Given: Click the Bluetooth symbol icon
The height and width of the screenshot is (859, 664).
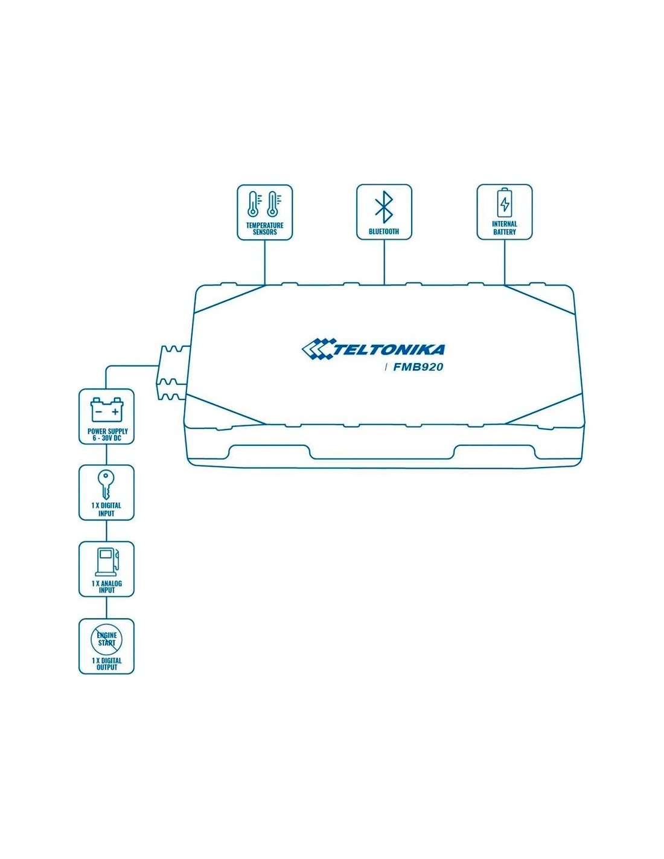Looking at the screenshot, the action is pos(383,208).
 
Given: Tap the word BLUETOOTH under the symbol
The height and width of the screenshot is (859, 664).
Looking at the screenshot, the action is pos(384,231).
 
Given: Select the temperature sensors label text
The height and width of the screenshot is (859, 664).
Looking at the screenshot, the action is pos(264,228).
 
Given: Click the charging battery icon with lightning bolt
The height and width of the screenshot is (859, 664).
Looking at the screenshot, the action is pos(505,202).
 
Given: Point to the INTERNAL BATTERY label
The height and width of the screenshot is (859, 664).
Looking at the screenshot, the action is pos(505,228).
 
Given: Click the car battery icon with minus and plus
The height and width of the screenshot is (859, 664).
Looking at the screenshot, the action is pos(107,410).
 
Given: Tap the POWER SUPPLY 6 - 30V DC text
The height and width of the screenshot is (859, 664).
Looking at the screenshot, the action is pos(107,434).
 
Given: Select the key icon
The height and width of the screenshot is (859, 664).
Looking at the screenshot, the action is pos(106,484).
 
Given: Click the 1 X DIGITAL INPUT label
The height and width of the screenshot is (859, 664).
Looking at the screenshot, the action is pos(106,510).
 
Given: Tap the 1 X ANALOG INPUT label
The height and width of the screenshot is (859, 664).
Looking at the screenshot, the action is pos(107,587).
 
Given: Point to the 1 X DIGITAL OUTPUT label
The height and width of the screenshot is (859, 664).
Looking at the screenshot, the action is pos(107,664).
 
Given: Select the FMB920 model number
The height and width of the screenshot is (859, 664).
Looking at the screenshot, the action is pos(418,367).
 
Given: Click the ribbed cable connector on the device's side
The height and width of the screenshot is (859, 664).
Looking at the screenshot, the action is pos(173,373).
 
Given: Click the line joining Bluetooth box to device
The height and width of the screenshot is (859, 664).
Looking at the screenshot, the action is pos(384,262).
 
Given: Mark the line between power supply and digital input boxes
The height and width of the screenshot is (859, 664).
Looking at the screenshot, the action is pos(107,455).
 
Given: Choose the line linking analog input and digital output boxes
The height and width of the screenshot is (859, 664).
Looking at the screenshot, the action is pos(107,608).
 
